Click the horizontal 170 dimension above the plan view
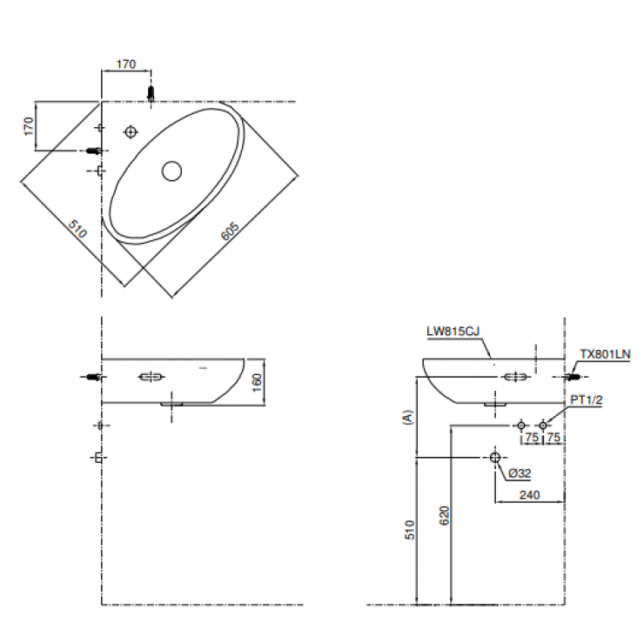coord(126,64)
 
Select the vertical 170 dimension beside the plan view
coord(29,126)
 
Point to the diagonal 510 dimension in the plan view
coord(77,231)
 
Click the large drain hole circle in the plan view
coord(171,171)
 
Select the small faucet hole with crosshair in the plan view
coord(131,131)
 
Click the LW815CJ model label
coord(453,332)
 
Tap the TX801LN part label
coord(605,354)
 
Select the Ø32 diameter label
coord(520,473)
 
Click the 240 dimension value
coord(530,495)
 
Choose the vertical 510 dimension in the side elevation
coord(410,530)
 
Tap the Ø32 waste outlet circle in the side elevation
coord(495,457)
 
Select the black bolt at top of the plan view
coord(151,92)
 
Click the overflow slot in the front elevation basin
coord(150,377)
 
